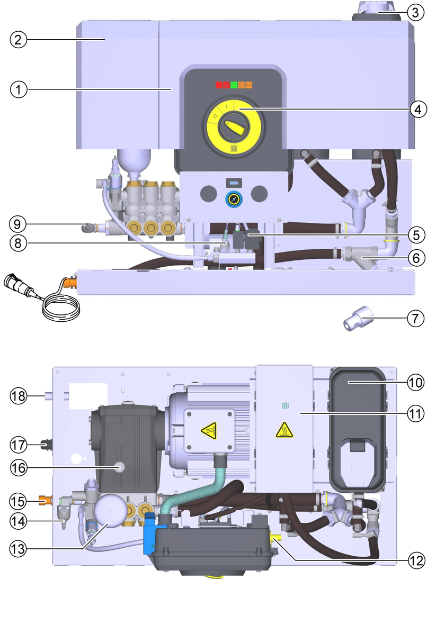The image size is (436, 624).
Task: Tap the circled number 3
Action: click(x=416, y=12)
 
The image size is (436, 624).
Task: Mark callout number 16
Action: click(x=19, y=467)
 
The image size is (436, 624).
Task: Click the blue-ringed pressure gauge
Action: click(x=233, y=200)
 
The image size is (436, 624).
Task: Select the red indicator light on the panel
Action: click(x=219, y=85)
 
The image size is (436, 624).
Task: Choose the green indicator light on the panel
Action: click(x=234, y=85)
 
